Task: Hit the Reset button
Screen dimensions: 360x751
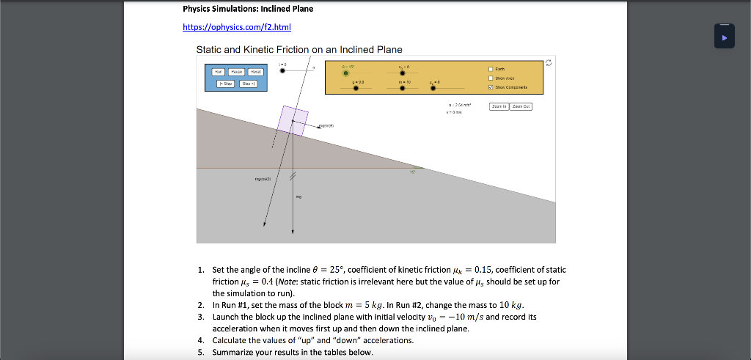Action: tap(254, 72)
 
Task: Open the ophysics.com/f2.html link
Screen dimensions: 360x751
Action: tap(237, 28)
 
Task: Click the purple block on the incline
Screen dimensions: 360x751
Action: tap(293, 120)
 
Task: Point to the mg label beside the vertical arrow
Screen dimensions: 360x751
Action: tap(298, 196)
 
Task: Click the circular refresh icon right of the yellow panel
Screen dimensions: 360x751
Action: tap(549, 63)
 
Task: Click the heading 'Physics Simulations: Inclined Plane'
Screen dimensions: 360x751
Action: tap(248, 9)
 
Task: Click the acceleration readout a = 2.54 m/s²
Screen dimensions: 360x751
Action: tap(459, 105)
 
